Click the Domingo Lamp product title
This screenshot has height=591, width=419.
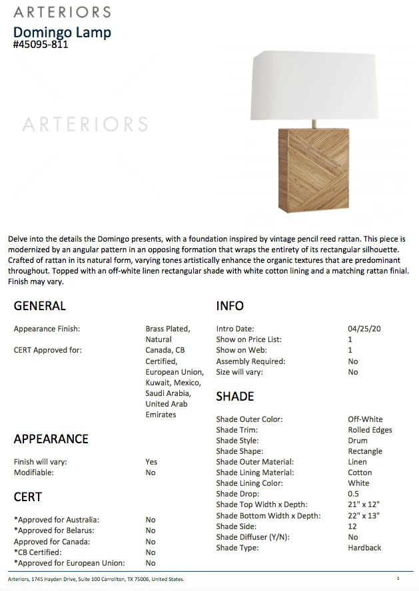[62, 32]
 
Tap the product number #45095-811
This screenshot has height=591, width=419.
[41, 45]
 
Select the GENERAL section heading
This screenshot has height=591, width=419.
[39, 306]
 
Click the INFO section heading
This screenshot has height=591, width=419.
[230, 306]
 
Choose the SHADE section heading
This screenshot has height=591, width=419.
[234, 397]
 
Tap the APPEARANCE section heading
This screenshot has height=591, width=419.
[51, 439]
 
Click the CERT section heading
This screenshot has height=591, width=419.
[27, 497]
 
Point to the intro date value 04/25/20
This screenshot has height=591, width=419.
[364, 329]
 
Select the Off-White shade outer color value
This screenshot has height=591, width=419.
[365, 419]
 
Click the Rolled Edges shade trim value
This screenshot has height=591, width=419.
[370, 430]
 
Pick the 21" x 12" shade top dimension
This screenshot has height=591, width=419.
[364, 504]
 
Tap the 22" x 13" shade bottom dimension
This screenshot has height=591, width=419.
[364, 516]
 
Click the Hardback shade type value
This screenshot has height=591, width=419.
[364, 548]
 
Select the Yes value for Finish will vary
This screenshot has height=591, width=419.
[151, 462]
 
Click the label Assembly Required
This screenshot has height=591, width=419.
[250, 361]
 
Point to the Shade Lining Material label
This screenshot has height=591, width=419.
[254, 473]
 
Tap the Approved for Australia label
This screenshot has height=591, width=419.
[57, 520]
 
